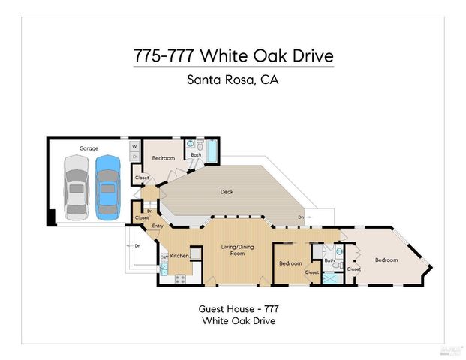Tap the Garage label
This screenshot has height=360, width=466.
coord(89,148)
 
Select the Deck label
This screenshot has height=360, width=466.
coord(226,192)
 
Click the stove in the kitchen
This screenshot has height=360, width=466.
coord(180,279)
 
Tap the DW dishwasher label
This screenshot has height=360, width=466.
coord(164,257)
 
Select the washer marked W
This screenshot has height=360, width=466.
coord(134,146)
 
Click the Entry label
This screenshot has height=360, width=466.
coord(158,226)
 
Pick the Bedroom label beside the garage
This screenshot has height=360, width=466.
coord(163,158)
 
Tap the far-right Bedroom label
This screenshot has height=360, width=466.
coord(386,259)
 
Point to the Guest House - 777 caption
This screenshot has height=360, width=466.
coord(233,308)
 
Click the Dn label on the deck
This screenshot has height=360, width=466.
coord(300,217)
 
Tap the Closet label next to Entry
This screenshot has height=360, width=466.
coord(142,218)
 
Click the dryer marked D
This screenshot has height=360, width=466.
coord(134,157)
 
